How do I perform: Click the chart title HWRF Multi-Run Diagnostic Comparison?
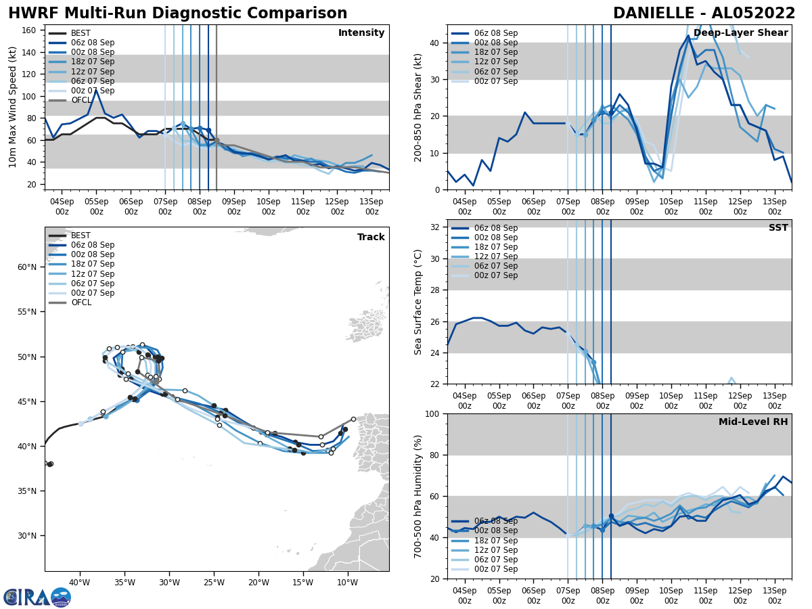177,14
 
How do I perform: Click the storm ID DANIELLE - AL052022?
704,14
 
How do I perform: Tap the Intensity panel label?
361,33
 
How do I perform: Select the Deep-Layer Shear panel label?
740,33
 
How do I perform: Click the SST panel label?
778,228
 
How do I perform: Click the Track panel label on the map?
371,238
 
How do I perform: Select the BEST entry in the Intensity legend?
81,33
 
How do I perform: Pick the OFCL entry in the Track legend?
81,302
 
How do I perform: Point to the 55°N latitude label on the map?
27,312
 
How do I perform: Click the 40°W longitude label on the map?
79,583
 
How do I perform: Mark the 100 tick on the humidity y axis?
434,413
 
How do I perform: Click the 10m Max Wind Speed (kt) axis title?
13,107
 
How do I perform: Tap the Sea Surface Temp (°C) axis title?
418,302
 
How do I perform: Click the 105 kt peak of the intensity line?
96,90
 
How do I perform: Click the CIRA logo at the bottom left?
37,597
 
